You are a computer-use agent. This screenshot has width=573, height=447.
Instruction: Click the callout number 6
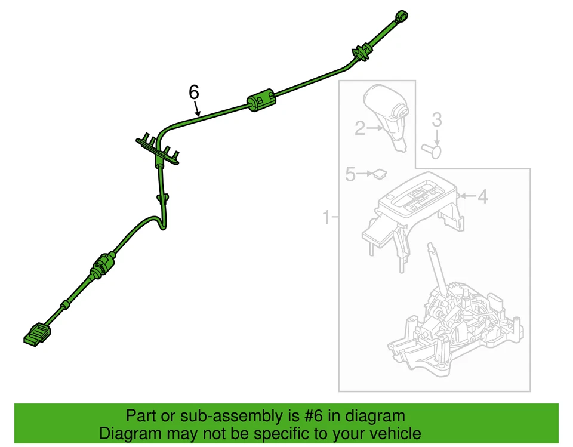click(x=193, y=92)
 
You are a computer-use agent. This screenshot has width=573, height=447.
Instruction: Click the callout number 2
click(x=360, y=128)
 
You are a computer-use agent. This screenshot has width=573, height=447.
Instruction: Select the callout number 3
click(x=437, y=119)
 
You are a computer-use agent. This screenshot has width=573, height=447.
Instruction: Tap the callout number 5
click(x=350, y=174)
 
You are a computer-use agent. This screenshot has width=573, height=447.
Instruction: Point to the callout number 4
click(x=482, y=196)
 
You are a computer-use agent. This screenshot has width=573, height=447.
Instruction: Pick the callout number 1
click(x=326, y=217)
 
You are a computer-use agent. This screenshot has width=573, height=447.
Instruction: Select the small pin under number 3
click(x=431, y=150)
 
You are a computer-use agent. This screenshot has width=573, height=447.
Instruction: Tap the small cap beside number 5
click(x=378, y=174)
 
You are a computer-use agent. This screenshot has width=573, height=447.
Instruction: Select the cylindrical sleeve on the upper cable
click(x=261, y=101)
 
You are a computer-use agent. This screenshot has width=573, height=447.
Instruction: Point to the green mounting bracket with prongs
click(x=158, y=149)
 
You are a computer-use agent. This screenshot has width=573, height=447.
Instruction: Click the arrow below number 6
click(x=196, y=109)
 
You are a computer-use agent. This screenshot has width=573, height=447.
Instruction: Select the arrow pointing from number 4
click(x=465, y=196)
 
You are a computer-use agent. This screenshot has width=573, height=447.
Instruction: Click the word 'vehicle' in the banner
click(x=394, y=433)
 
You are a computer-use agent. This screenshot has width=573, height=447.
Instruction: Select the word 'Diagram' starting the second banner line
click(x=129, y=433)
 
